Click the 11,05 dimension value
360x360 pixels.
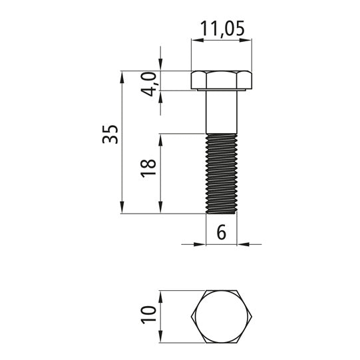222,29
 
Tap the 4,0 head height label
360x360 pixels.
149,84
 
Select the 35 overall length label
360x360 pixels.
110,134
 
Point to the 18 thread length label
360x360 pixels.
148,168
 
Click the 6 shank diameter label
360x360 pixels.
222,232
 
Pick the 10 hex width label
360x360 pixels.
148,315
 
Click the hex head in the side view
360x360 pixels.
222,80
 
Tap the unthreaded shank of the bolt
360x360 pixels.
222,112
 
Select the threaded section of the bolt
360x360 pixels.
222,174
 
